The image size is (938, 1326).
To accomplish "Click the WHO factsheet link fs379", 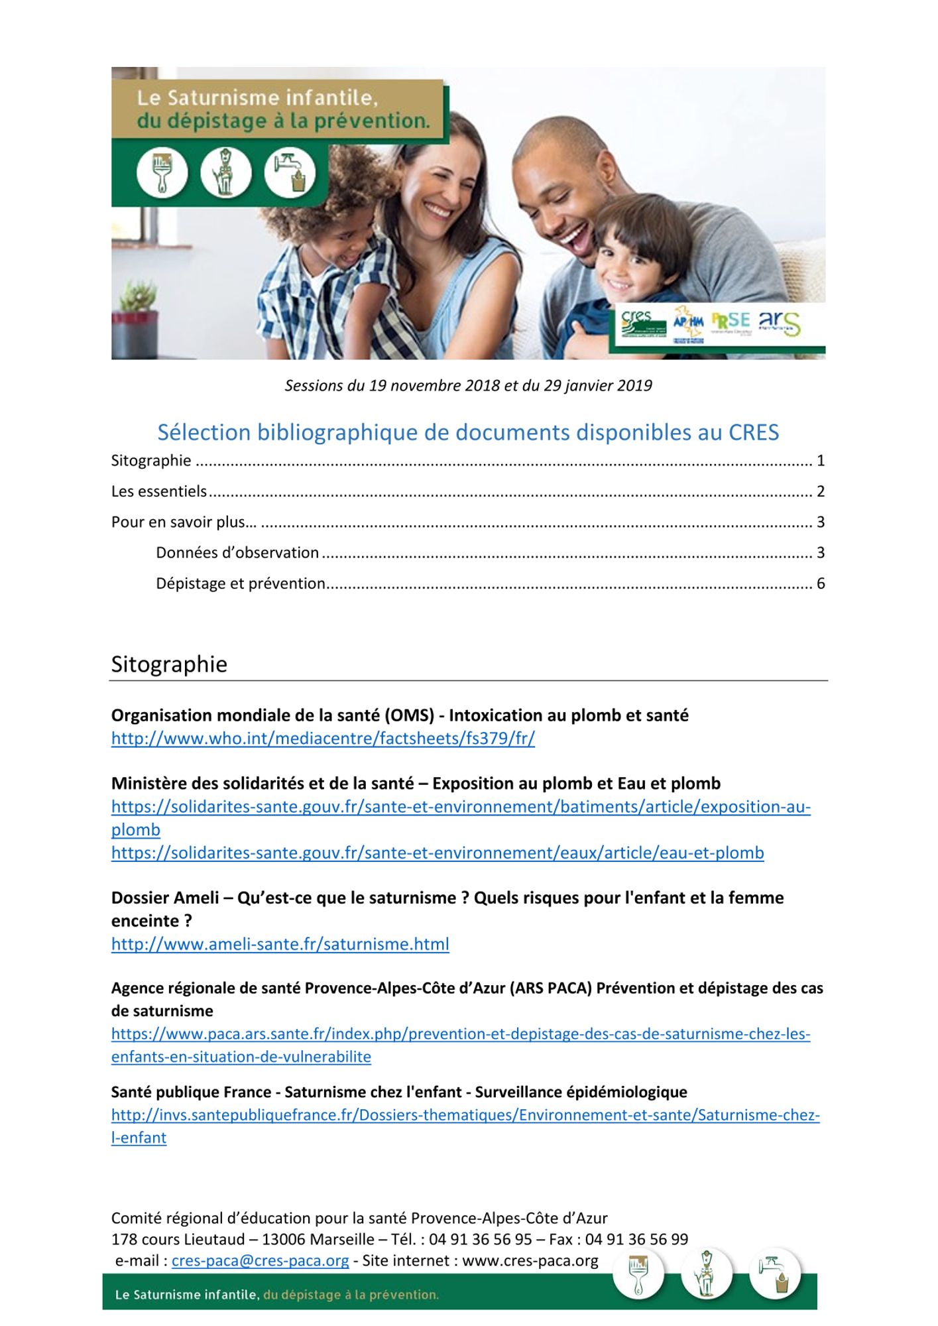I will [323, 739].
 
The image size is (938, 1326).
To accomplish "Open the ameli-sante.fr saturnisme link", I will [280, 944].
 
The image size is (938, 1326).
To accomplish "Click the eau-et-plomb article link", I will [438, 853].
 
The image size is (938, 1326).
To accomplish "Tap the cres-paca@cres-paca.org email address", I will [260, 1260].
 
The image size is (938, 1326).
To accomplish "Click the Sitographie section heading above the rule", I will [169, 664].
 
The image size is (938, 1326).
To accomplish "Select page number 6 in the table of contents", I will [821, 583].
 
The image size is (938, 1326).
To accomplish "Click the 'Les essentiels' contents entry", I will [159, 491].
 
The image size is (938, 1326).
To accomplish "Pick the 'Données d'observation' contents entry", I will [237, 553].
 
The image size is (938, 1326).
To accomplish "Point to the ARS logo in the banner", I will [779, 323].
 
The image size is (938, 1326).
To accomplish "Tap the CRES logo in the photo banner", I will [640, 324].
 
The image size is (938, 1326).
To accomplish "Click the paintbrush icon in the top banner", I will [162, 172].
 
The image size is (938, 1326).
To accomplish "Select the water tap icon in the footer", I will [775, 1274].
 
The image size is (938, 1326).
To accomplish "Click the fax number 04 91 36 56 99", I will [636, 1239].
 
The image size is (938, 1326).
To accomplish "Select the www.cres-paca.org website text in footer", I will [530, 1260].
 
